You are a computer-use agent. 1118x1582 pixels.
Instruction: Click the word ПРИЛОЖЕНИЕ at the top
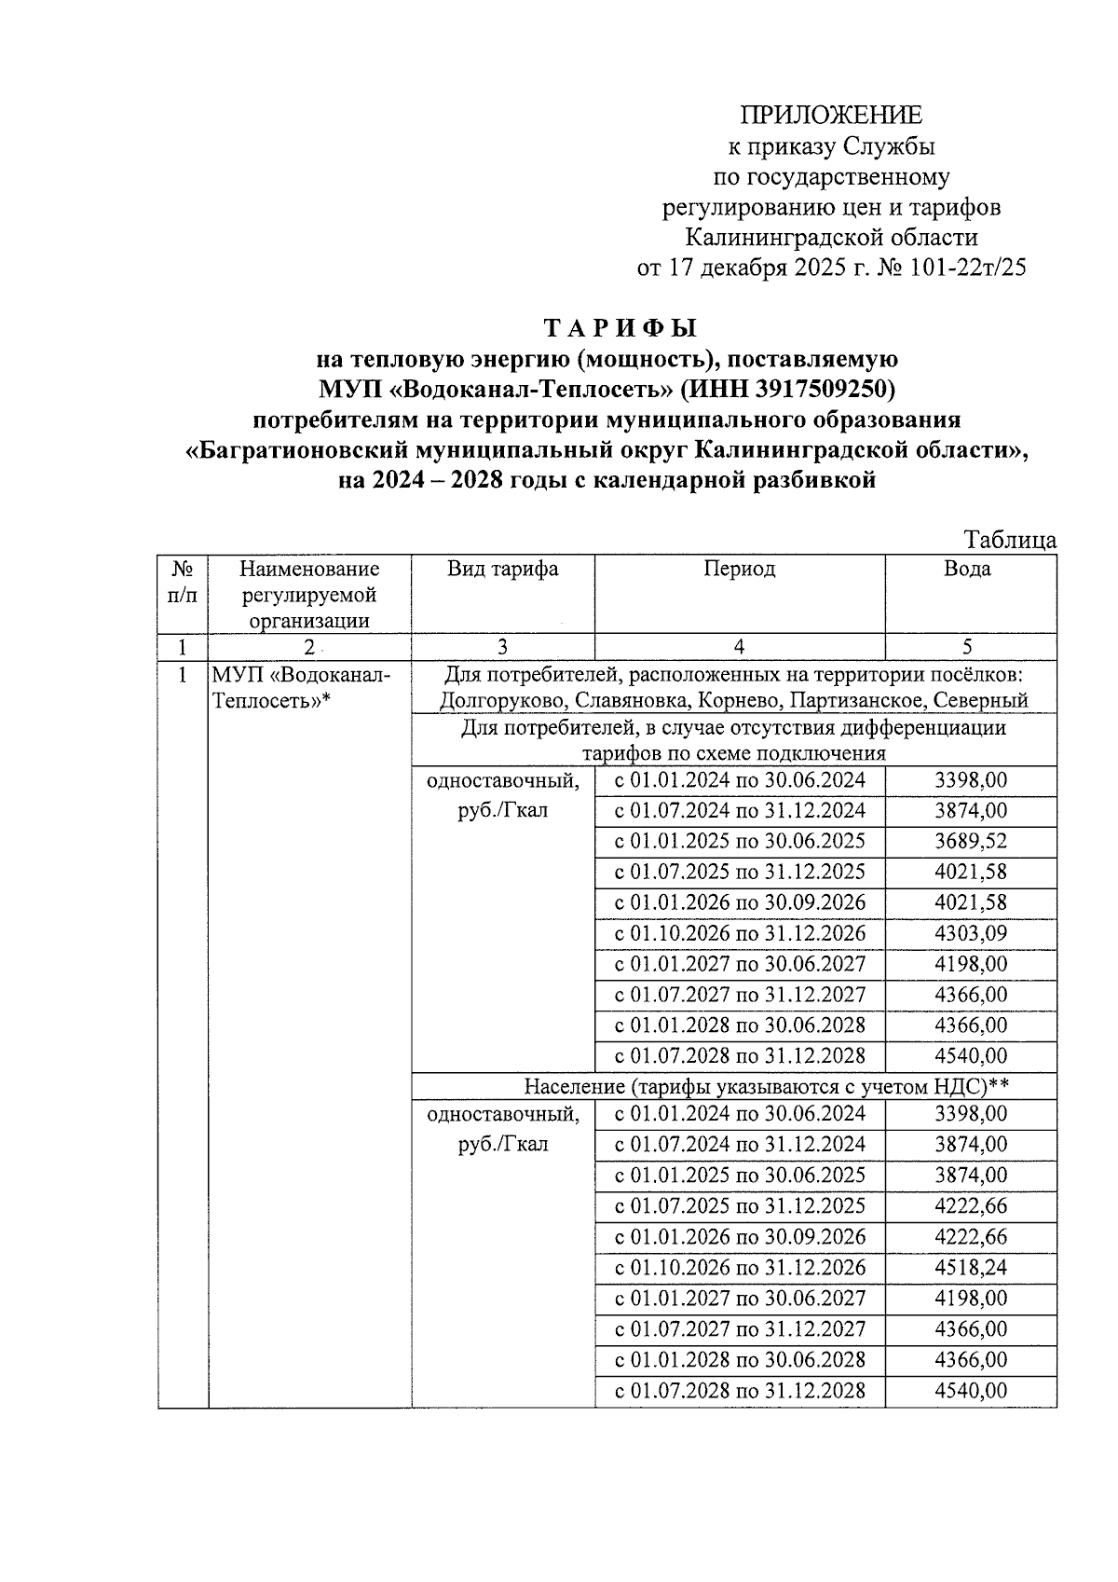click(x=830, y=115)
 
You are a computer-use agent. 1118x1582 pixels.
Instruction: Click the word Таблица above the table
click(x=1010, y=541)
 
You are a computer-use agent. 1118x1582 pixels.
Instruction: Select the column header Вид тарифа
click(x=502, y=570)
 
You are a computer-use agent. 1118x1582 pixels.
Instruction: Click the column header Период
click(x=739, y=570)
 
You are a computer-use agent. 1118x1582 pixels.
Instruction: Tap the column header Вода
click(x=970, y=570)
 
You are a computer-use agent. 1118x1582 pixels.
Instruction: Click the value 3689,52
click(x=970, y=842)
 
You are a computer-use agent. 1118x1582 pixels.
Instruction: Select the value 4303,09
click(x=970, y=934)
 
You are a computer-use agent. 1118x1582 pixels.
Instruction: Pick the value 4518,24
click(x=970, y=1268)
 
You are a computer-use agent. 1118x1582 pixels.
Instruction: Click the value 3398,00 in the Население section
click(x=970, y=1114)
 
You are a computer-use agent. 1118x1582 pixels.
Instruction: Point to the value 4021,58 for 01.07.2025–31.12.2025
click(x=970, y=873)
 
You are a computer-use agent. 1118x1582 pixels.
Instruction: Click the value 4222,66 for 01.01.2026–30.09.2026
click(x=970, y=1237)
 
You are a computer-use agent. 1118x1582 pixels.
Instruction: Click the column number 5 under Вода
click(x=969, y=647)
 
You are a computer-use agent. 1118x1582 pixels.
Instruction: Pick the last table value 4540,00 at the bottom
click(x=970, y=1391)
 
